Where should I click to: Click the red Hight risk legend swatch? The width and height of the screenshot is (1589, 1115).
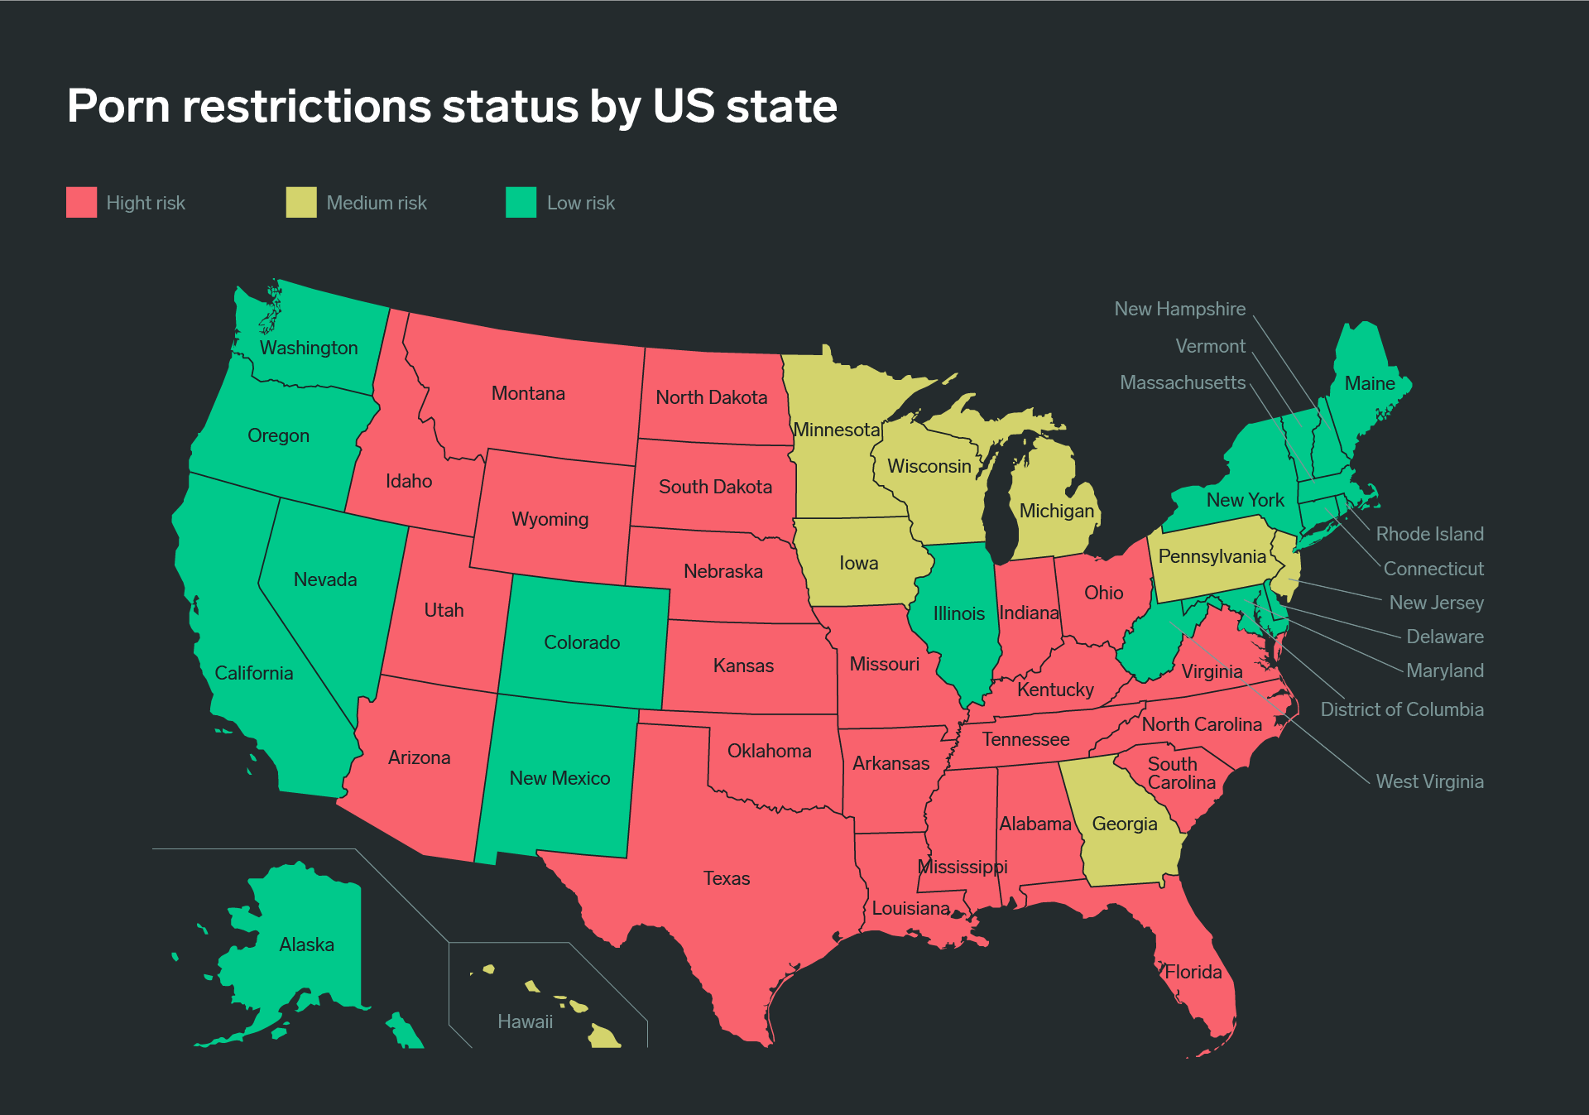(x=81, y=202)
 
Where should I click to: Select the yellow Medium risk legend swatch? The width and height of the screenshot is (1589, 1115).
(x=301, y=202)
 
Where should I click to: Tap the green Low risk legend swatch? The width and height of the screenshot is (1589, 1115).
(x=521, y=202)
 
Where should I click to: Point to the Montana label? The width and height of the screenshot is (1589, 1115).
(x=528, y=393)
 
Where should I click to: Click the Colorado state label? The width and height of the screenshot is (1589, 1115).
(x=582, y=642)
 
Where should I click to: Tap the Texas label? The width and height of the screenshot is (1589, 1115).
(x=727, y=878)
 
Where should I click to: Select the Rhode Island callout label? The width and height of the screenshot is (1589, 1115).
(x=1429, y=534)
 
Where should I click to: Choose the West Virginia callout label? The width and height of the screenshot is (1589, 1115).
(x=1429, y=781)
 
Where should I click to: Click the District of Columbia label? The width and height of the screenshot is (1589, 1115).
(x=1401, y=709)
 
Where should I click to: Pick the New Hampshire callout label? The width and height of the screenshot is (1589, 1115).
(x=1179, y=309)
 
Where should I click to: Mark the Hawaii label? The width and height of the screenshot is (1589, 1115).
(x=525, y=1021)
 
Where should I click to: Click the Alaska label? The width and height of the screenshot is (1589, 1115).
(x=306, y=944)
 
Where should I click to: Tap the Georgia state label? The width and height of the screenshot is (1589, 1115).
(x=1124, y=824)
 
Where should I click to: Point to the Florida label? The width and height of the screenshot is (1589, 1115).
(x=1193, y=972)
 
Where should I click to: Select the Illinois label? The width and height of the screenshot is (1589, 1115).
(x=958, y=613)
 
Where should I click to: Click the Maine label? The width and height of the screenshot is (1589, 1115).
(x=1370, y=383)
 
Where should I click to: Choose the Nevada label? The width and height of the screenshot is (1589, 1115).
(x=325, y=579)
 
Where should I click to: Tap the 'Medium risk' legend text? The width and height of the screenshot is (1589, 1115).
(x=377, y=203)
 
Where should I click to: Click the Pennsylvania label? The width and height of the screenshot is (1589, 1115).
(x=1212, y=556)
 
